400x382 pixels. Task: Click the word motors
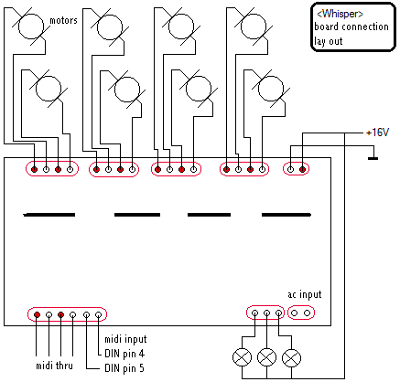point(63,20)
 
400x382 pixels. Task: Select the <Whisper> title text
point(341,14)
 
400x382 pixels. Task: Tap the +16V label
point(377,133)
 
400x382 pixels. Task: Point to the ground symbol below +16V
point(373,158)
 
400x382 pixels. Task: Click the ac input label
point(305,294)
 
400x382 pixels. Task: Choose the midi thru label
point(55,366)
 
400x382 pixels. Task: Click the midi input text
point(125,339)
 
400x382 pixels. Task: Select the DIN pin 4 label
point(124,354)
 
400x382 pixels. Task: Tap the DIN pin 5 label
point(124,368)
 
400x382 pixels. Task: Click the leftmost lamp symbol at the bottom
point(243,357)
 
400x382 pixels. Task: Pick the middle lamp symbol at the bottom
point(267,357)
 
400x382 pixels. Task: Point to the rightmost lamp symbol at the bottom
point(292,358)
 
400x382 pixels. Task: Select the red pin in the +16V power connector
point(302,169)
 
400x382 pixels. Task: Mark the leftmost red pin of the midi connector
point(37,314)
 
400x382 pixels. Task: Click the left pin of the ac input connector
point(295,313)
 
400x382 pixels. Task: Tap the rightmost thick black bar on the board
point(286,215)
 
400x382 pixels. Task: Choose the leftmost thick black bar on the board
point(49,215)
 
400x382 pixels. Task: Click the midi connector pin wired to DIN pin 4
point(98,314)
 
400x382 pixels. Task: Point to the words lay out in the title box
point(329,41)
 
